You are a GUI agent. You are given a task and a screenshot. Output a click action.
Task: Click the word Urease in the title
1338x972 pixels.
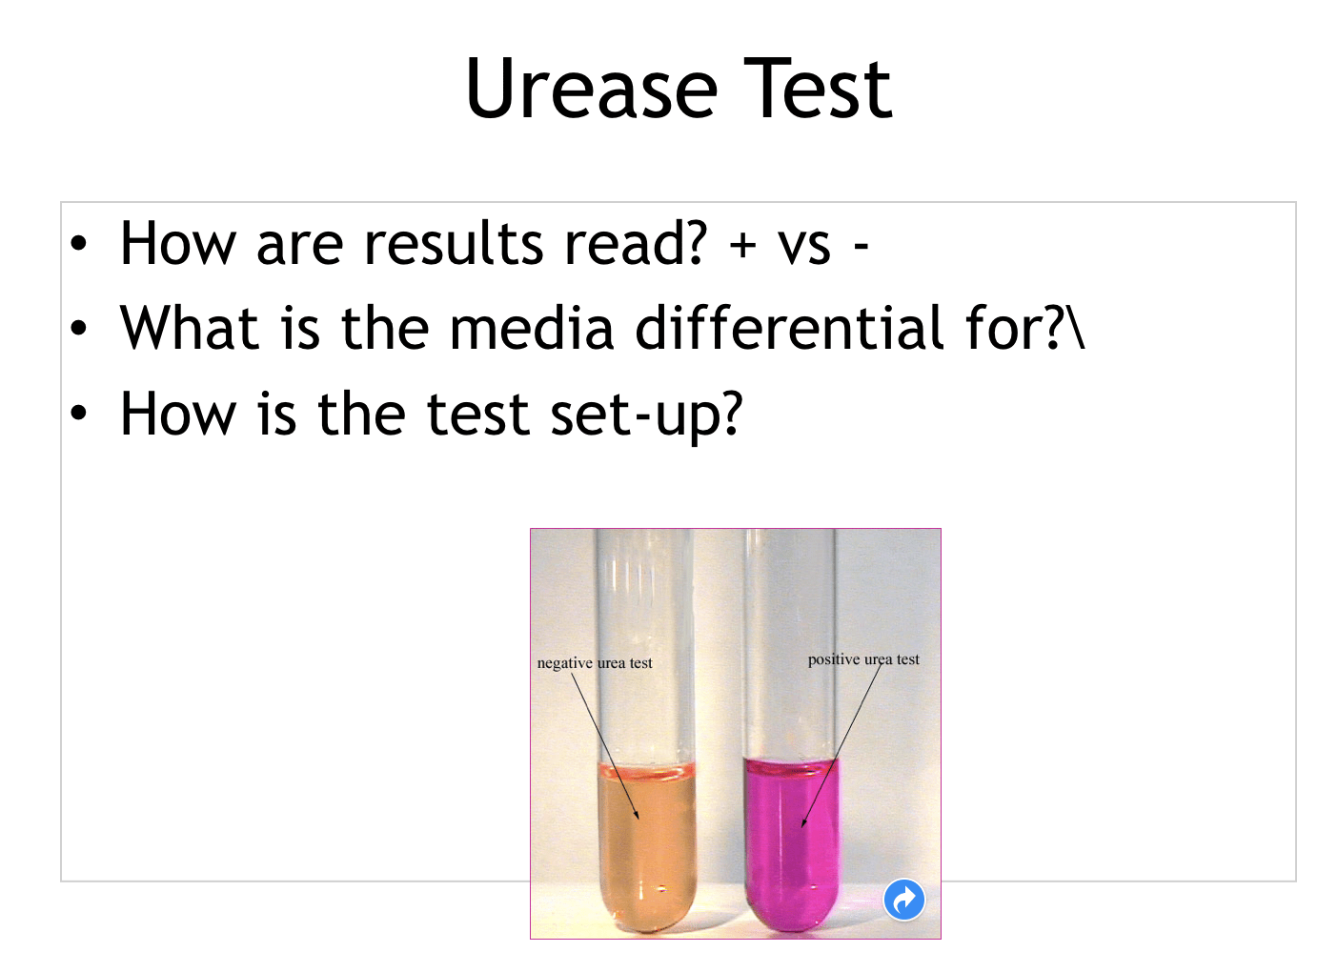click(592, 90)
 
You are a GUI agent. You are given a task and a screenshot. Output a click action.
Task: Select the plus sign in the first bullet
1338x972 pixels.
click(742, 246)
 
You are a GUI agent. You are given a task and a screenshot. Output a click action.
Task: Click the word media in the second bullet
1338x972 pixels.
click(531, 328)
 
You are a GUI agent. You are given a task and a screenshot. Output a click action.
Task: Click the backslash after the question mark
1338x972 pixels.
click(1076, 328)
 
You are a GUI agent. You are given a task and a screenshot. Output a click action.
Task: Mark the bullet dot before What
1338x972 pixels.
click(78, 329)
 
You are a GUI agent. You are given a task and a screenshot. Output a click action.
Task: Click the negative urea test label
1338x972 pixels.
click(595, 663)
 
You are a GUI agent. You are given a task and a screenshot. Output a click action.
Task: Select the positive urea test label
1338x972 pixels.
click(863, 659)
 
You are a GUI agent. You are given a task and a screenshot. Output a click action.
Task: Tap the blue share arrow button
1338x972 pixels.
click(903, 900)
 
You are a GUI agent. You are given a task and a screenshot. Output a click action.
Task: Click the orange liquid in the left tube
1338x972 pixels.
click(646, 848)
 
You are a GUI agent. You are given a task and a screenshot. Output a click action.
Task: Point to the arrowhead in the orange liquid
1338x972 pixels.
click(637, 815)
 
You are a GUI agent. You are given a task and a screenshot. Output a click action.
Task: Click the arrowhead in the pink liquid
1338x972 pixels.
click(803, 822)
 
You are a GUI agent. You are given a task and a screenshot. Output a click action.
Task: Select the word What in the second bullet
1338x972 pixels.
click(190, 328)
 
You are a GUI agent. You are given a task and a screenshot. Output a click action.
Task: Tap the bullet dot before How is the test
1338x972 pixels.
click(78, 414)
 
